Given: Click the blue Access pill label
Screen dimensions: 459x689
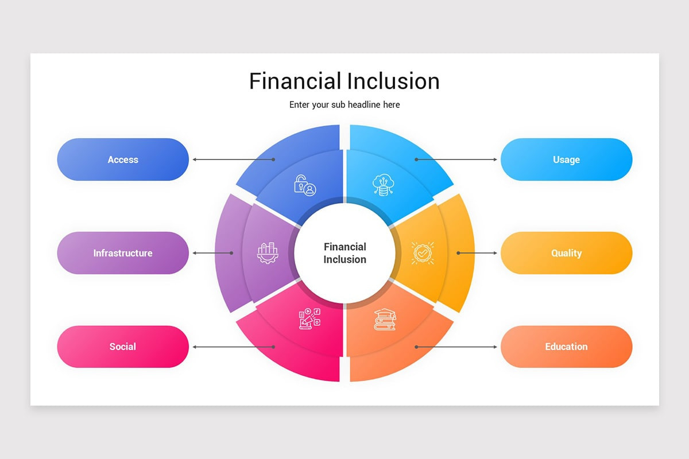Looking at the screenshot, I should [123, 160].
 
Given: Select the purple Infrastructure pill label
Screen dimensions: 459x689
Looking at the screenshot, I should [123, 253].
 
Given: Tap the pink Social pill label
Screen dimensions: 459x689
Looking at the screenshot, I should [123, 347].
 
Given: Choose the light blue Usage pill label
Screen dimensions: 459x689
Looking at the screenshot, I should [566, 160].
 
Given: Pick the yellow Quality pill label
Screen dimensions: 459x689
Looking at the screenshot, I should [566, 253].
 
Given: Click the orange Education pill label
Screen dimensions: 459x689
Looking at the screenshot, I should [566, 347].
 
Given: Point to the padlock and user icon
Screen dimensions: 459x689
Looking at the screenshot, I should [305, 185].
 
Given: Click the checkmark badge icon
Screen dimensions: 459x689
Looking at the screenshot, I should [423, 253].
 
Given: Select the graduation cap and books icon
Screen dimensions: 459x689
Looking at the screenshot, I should [385, 320].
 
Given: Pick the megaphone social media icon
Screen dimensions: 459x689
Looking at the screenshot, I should [309, 318].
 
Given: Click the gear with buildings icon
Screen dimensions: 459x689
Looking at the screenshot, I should [268, 253].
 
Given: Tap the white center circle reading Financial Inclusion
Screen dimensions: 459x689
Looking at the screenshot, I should [344, 253].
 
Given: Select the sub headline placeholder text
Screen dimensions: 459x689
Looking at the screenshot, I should [344, 104].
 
